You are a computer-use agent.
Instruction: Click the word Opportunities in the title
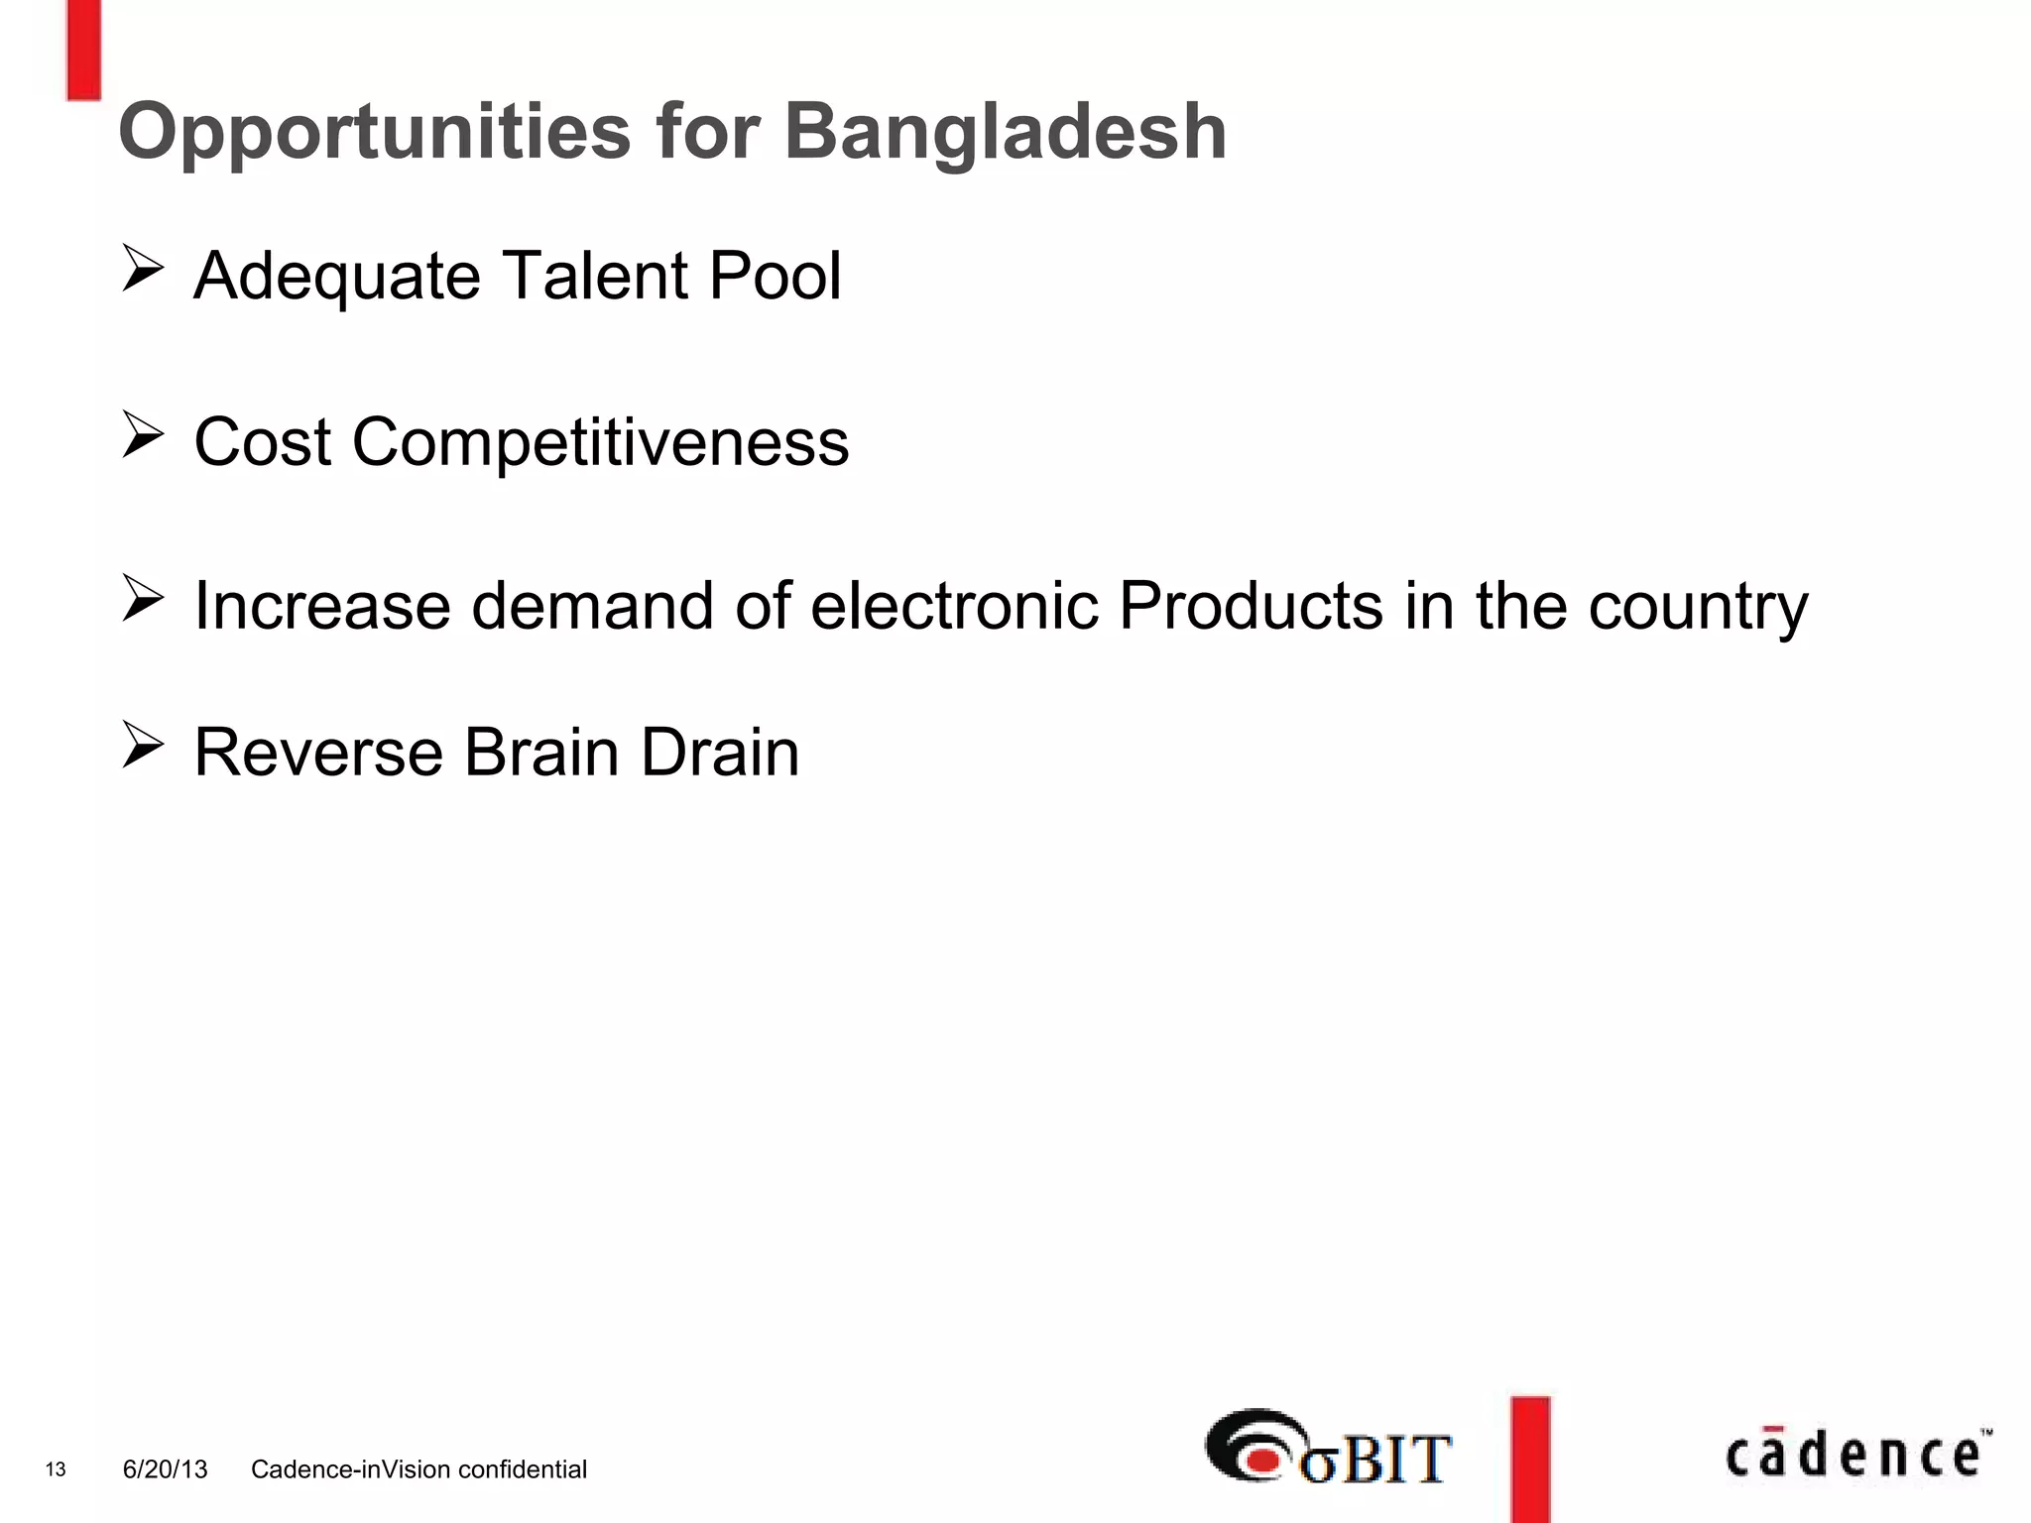[x=374, y=132]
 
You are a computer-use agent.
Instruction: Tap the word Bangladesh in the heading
[x=1006, y=132]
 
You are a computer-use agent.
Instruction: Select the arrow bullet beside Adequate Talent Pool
[x=143, y=270]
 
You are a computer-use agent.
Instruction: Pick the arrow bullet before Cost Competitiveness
[x=143, y=436]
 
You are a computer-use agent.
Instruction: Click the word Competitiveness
[x=600, y=441]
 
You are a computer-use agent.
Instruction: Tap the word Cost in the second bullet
[x=262, y=441]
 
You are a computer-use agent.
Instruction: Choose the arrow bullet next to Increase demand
[x=143, y=599]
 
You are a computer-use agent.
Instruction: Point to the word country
[x=1698, y=607]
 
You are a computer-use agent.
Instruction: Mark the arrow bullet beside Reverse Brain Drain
[x=143, y=746]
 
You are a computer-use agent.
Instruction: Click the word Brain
[x=541, y=752]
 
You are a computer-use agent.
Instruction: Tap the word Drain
[x=720, y=752]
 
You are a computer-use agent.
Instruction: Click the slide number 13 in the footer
[x=56, y=1469]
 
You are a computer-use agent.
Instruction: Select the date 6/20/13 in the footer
[x=165, y=1469]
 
